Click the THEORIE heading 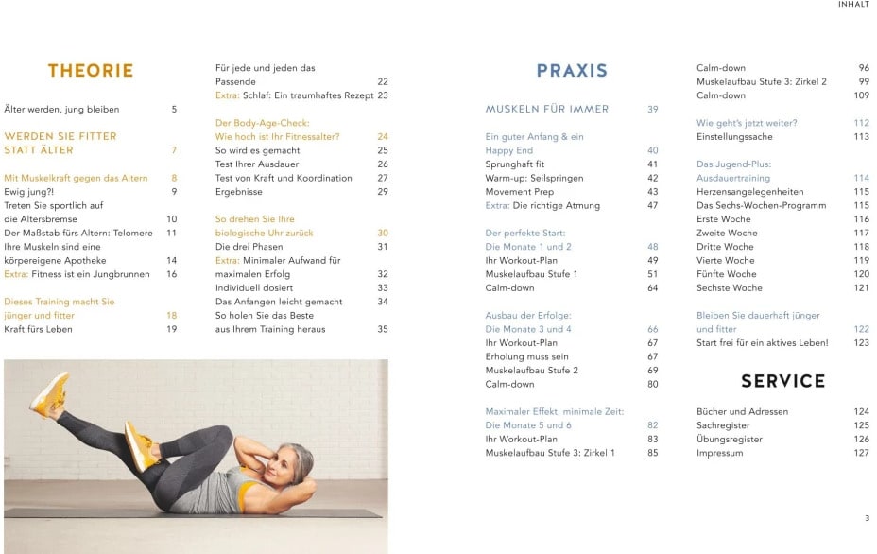[91, 71]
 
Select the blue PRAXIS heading [572, 71]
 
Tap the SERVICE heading [782, 381]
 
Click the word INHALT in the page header [853, 5]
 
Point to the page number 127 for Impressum [861, 453]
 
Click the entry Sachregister [723, 425]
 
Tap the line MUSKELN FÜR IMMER [546, 110]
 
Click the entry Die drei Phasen [249, 247]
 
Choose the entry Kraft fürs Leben [38, 329]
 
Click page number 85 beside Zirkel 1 [653, 453]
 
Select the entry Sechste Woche [729, 287]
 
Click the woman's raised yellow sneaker [49, 391]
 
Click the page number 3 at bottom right [867, 518]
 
